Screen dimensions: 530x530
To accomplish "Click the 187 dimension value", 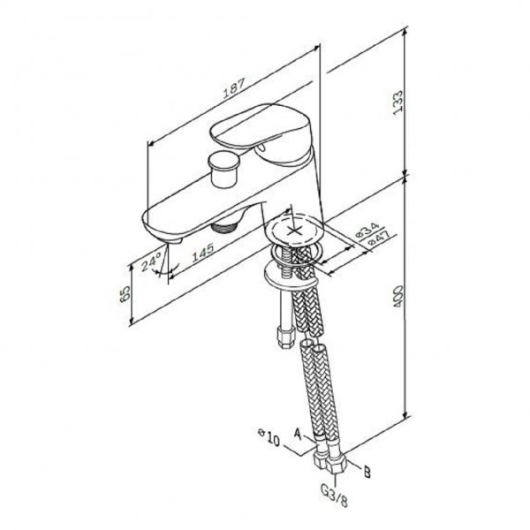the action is coord(234,87).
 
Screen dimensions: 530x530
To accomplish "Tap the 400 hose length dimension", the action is coord(398,297).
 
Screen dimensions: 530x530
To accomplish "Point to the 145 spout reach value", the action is coord(203,252).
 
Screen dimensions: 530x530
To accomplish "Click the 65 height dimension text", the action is coord(125,293).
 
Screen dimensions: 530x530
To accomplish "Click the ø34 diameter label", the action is coord(367,230).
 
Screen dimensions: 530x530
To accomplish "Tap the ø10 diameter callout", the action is coord(269,437).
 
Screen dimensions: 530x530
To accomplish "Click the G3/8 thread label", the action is coord(334,496).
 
